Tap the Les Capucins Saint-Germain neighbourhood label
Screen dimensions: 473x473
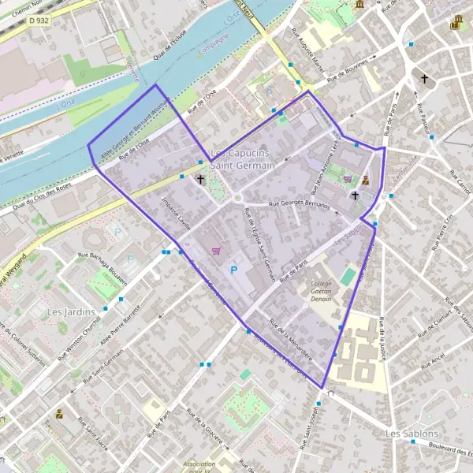[242, 158]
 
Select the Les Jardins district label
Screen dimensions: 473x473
[65, 311]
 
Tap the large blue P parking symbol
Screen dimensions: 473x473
[233, 270]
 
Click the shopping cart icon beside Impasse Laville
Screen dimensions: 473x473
[215, 251]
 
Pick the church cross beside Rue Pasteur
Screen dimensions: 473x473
[425, 79]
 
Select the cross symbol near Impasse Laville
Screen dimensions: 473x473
[200, 180]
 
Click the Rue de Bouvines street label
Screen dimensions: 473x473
[348, 70]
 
